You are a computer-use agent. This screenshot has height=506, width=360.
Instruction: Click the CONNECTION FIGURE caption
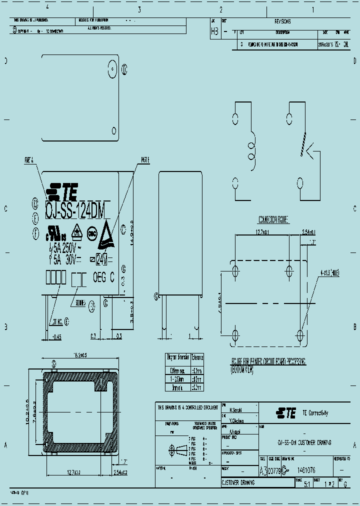click(274, 219)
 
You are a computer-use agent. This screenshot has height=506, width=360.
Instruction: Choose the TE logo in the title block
click(286, 412)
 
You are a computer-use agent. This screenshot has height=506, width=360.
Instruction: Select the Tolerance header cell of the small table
click(197, 357)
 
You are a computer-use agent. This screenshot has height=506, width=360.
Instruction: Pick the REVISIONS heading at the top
click(282, 21)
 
